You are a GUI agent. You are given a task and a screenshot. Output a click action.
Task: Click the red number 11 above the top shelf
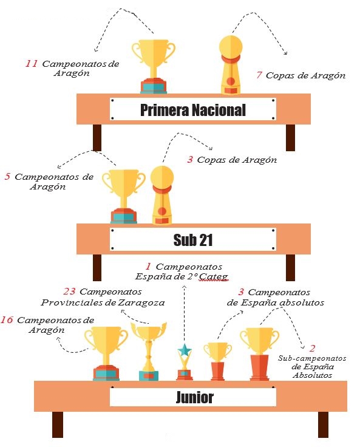pyautogui.click(x=32, y=63)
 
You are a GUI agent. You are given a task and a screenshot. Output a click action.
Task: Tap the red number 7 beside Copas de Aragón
pyautogui.click(x=259, y=75)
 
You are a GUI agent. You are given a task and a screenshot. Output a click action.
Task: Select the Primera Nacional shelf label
pyautogui.click(x=193, y=110)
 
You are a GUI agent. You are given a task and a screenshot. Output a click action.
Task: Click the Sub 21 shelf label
pyautogui.click(x=193, y=240)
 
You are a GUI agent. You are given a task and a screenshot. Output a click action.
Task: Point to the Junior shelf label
pyautogui.click(x=193, y=397)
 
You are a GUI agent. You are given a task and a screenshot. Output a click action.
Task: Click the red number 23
pyautogui.click(x=70, y=292)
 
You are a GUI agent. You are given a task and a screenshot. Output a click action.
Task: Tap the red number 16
pyautogui.click(x=7, y=319)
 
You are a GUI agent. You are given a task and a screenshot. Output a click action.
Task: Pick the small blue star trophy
pyautogui.click(x=185, y=362)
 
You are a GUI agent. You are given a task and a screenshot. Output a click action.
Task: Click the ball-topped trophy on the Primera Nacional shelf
pyautogui.click(x=231, y=65)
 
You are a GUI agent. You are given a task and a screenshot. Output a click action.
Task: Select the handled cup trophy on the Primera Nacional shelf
pyautogui.click(x=154, y=66)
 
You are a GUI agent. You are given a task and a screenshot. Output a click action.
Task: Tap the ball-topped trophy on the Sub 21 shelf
pyautogui.click(x=162, y=196)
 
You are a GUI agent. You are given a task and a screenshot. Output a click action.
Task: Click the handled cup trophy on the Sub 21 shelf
pyautogui.click(x=124, y=196)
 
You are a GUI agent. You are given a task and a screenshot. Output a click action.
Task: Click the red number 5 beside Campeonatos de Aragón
pyautogui.click(x=7, y=177)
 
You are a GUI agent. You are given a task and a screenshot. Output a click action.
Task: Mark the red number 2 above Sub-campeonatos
pyautogui.click(x=313, y=348)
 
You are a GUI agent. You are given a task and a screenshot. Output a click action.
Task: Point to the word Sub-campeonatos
pyautogui.click(x=312, y=358)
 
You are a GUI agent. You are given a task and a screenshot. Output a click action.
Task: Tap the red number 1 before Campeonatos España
pyautogui.click(x=148, y=267)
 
